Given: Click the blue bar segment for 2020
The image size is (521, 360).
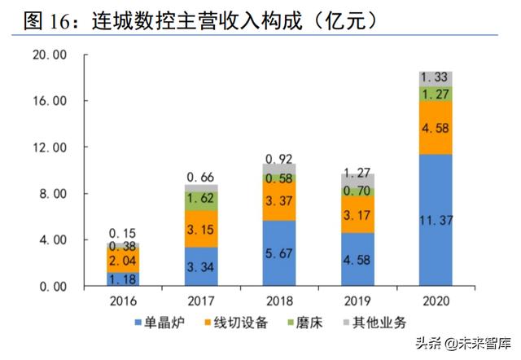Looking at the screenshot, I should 436,220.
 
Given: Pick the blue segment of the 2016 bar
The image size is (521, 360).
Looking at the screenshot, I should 123,279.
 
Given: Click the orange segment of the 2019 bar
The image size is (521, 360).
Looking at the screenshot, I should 357,215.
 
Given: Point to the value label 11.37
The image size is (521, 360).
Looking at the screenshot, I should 436,221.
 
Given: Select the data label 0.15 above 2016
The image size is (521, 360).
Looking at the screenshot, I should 123,232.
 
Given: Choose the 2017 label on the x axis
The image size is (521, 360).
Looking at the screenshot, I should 200,299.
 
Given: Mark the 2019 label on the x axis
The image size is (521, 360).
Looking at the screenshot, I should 357,299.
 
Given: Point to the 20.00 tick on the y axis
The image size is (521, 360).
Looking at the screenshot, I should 48,55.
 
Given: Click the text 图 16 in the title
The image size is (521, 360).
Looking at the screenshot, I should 49,20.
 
